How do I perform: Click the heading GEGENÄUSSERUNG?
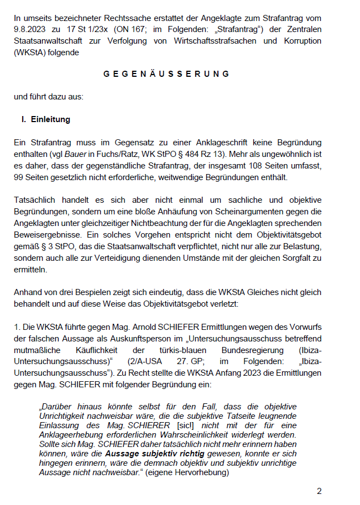coord(166,73)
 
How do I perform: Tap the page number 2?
coord(319,491)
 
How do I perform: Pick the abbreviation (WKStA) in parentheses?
coord(31,53)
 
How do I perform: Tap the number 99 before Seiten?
coord(20,178)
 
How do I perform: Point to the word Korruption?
coord(299,40)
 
